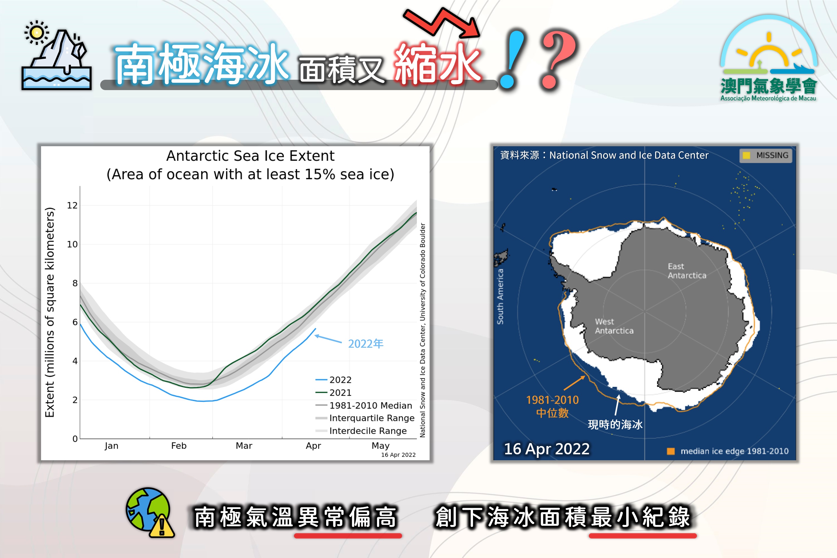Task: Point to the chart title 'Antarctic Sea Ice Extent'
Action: pyautogui.click(x=250, y=156)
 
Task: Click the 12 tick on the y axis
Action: pyautogui.click(x=72, y=205)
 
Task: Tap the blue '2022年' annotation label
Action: pyautogui.click(x=365, y=344)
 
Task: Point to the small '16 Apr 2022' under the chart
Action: pyautogui.click(x=398, y=455)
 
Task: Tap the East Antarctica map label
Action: pyautogui.click(x=687, y=271)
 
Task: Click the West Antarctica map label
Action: pyautogui.click(x=614, y=326)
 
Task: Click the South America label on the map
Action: pyautogui.click(x=500, y=297)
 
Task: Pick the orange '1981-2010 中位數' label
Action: pyautogui.click(x=552, y=406)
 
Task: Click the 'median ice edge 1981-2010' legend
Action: pyautogui.click(x=727, y=451)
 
